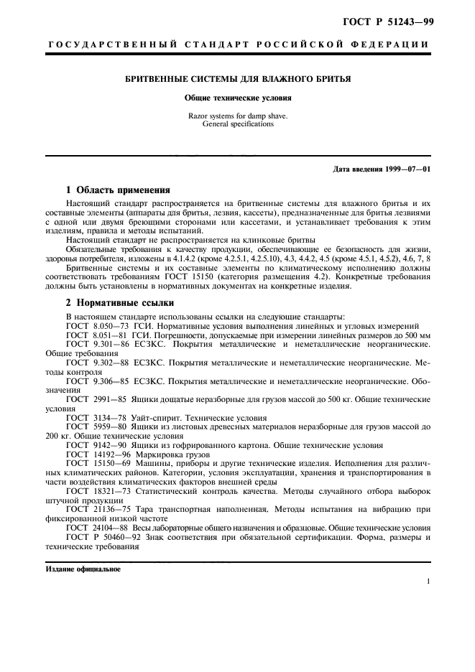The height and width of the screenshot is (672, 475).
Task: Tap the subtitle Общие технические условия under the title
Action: tap(238, 98)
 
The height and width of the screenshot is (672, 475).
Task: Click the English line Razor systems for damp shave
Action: tap(238, 115)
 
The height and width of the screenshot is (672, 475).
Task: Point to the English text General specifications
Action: tap(238, 123)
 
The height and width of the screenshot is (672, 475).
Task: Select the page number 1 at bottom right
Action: tap(428, 582)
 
